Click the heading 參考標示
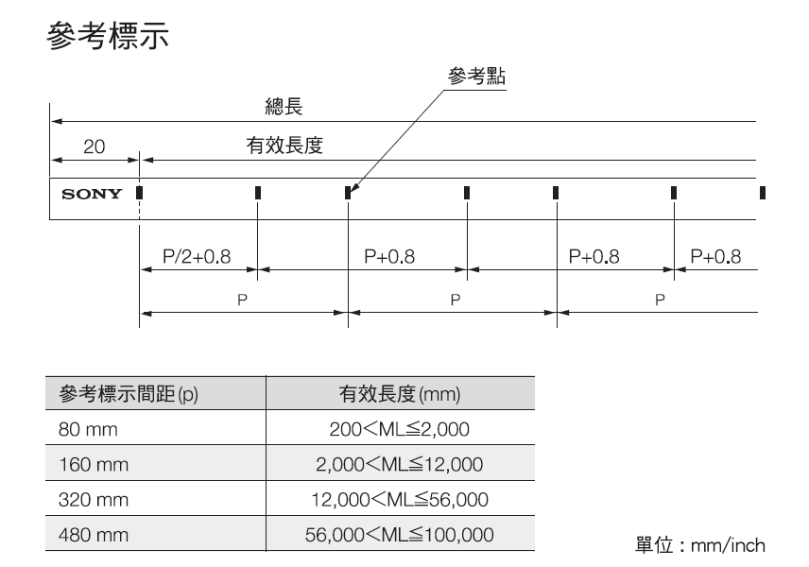[108, 40]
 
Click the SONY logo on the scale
[92, 195]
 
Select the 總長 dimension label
[284, 108]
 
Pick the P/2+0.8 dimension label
[197, 256]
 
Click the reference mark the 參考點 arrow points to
[348, 193]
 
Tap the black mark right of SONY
[139, 193]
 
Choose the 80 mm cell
[81, 430]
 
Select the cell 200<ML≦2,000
[399, 430]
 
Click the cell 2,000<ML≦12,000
[399, 465]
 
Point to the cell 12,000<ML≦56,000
[399, 500]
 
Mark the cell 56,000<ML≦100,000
[399, 535]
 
